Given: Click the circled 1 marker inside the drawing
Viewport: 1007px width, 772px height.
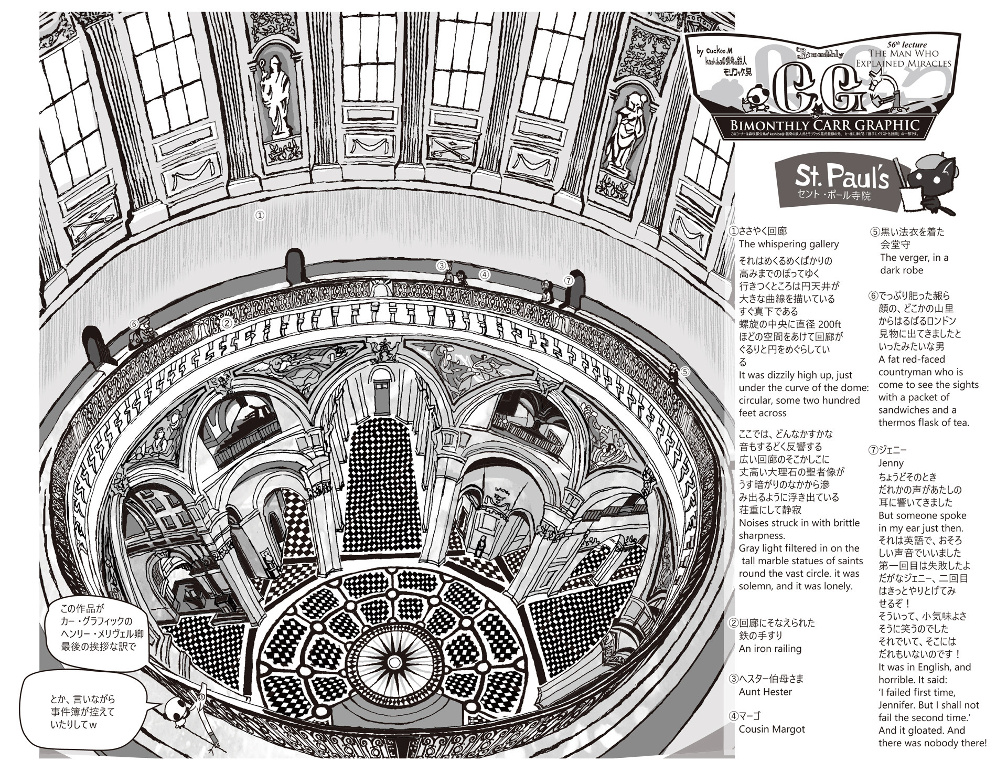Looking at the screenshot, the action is point(259,215).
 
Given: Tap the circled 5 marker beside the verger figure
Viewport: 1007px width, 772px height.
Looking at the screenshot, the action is point(685,372).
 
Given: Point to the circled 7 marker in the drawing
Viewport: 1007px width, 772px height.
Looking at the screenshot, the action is point(569,280).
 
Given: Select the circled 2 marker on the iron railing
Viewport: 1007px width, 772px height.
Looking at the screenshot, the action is point(227,323).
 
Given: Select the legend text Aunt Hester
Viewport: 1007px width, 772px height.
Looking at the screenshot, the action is point(765,692).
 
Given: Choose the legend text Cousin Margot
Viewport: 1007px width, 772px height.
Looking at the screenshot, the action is point(772,729).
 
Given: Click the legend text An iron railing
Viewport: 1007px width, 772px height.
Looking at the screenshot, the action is point(770,649).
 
